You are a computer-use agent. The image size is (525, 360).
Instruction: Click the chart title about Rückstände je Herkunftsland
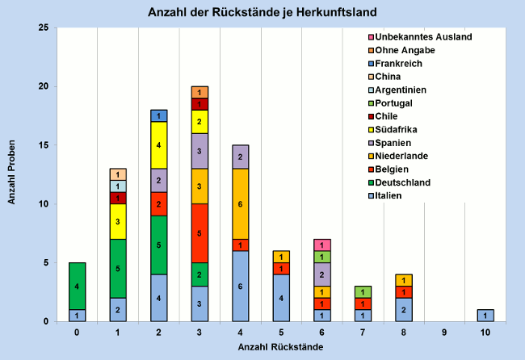click(262, 13)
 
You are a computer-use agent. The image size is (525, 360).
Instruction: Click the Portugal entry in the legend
click(401, 103)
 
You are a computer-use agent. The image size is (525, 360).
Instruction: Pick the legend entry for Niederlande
click(408, 156)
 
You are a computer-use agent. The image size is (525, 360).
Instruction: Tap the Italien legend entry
click(397, 195)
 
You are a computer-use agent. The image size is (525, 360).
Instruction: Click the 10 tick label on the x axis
click(485, 331)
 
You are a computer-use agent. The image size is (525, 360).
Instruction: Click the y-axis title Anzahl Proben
click(13, 174)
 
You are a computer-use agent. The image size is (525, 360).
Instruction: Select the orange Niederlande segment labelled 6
click(241, 203)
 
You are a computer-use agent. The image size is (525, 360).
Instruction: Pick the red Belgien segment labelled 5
click(199, 233)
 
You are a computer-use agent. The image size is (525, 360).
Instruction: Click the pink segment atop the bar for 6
click(322, 245)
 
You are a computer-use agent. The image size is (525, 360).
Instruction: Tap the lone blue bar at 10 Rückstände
click(485, 316)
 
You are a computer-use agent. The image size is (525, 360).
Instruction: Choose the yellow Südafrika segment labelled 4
click(159, 145)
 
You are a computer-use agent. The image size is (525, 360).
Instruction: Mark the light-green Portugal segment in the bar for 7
click(363, 291)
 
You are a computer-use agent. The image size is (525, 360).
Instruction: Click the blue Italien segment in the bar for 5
click(281, 298)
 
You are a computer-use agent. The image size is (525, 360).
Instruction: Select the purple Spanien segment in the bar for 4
click(241, 157)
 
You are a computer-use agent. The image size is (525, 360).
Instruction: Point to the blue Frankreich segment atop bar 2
click(159, 115)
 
